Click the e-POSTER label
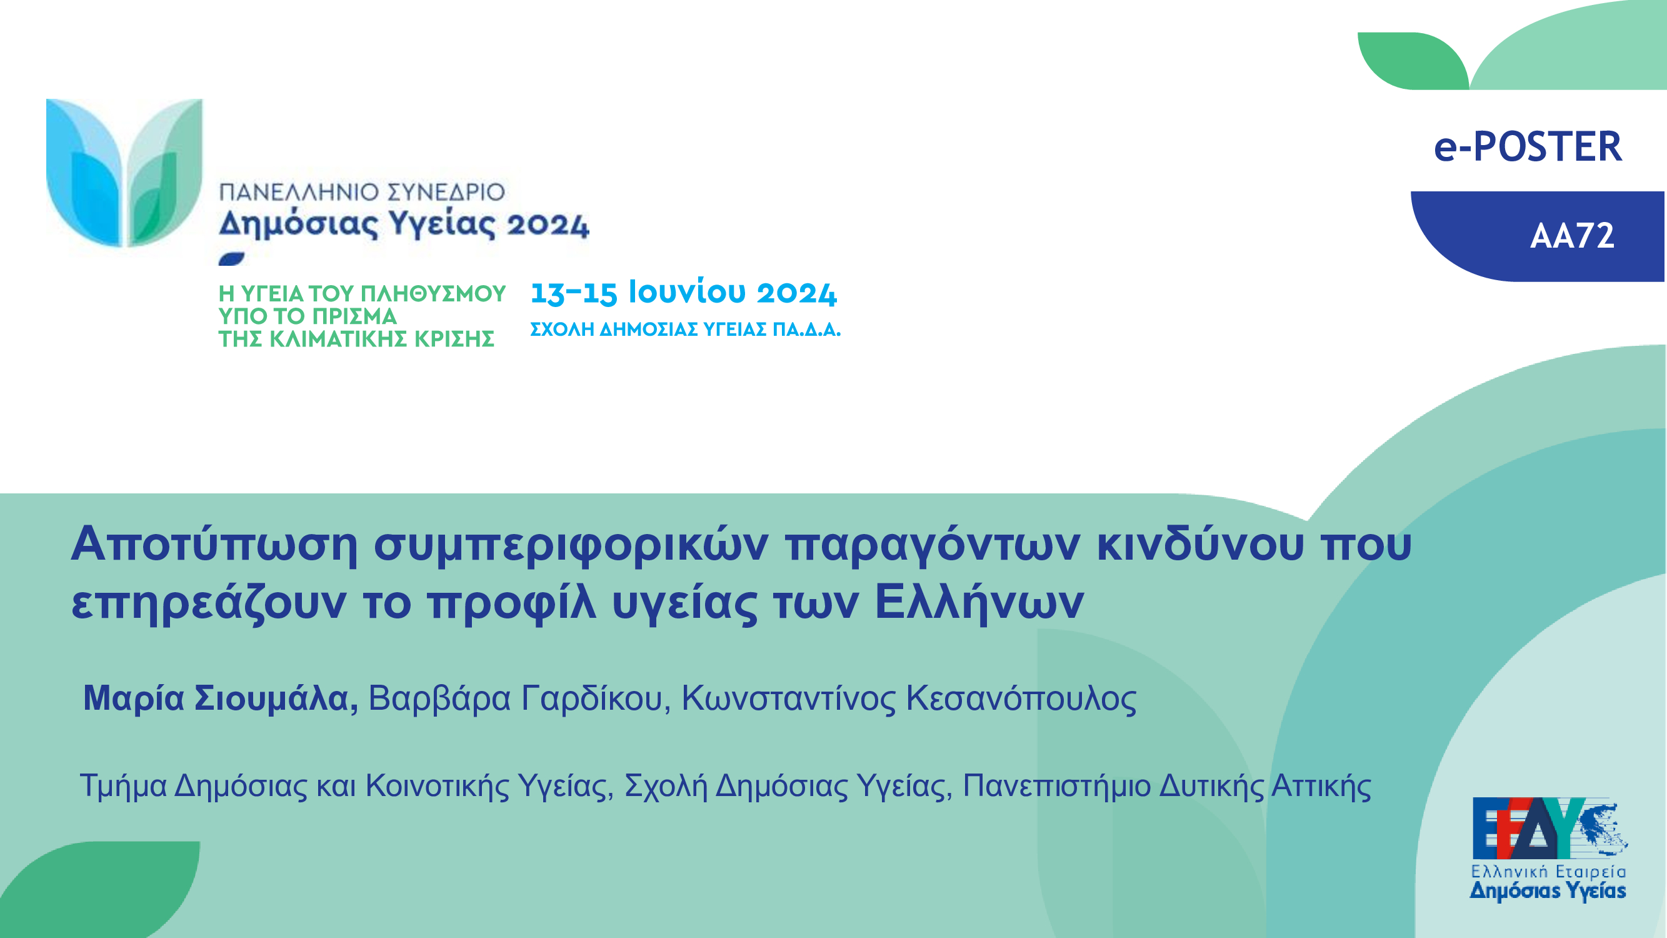coord(1528,146)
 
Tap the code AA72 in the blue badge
coord(1572,236)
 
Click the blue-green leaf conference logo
coord(124,173)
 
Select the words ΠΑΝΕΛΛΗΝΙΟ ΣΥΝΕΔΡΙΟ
coord(362,192)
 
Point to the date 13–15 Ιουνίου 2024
coord(683,293)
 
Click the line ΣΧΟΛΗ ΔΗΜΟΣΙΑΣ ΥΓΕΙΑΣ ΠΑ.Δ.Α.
coord(685,330)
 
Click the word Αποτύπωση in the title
coord(214,545)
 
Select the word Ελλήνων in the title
coord(979,602)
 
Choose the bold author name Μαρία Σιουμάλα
coord(221,698)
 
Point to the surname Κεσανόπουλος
coord(1021,699)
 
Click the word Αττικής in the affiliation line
coord(1321,786)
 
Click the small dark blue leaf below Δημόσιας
coord(232,259)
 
